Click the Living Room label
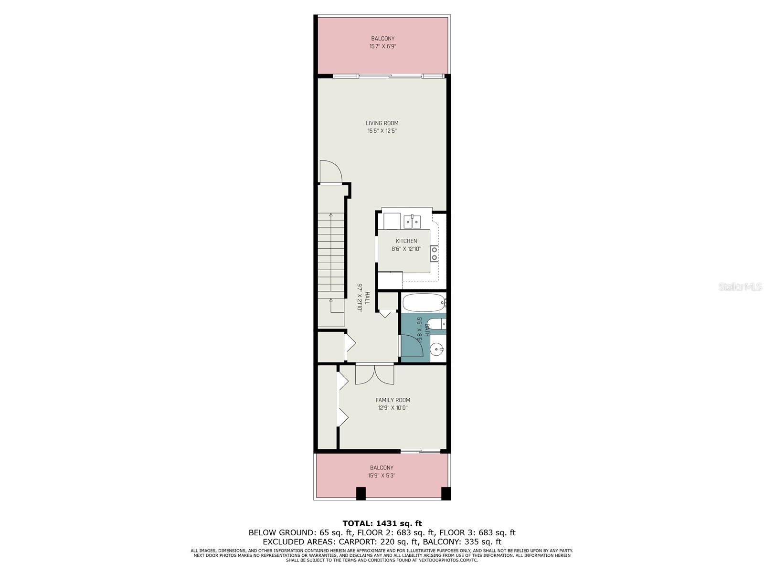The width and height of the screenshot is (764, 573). tap(382, 123)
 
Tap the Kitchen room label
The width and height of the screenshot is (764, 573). tap(406, 241)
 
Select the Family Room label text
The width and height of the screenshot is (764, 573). tap(393, 400)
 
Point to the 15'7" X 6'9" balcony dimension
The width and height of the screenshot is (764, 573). tap(382, 46)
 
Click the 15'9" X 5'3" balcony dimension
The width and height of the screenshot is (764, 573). tap(382, 476)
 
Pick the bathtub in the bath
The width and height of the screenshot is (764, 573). tap(424, 303)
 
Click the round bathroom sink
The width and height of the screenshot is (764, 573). tap(437, 348)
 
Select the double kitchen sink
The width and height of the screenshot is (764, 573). tap(412, 222)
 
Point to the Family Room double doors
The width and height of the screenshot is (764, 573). tap(374, 374)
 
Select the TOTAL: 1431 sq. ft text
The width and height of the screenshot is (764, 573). tap(382, 523)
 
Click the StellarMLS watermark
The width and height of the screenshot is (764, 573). tap(740, 286)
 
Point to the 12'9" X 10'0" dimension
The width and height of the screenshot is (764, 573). tap(393, 408)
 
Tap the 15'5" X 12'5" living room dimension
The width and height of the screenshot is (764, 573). tap(382, 131)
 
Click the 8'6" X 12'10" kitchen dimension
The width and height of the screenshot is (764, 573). tap(406, 249)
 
